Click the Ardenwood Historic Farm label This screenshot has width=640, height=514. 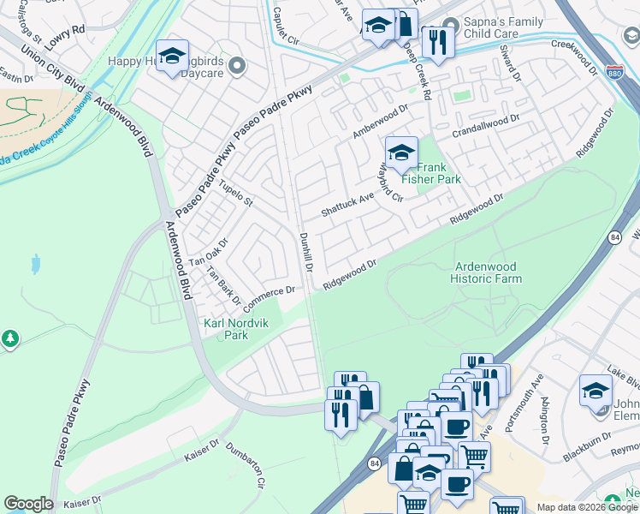coord(486,272)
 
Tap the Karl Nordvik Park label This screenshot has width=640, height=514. coord(225,329)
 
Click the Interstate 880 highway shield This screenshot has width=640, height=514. coord(613,71)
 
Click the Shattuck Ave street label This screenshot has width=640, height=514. coord(348,205)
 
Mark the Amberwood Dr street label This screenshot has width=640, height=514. coord(381,122)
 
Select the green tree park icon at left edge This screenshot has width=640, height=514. coord(10,339)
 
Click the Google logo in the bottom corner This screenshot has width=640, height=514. coord(28,504)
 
